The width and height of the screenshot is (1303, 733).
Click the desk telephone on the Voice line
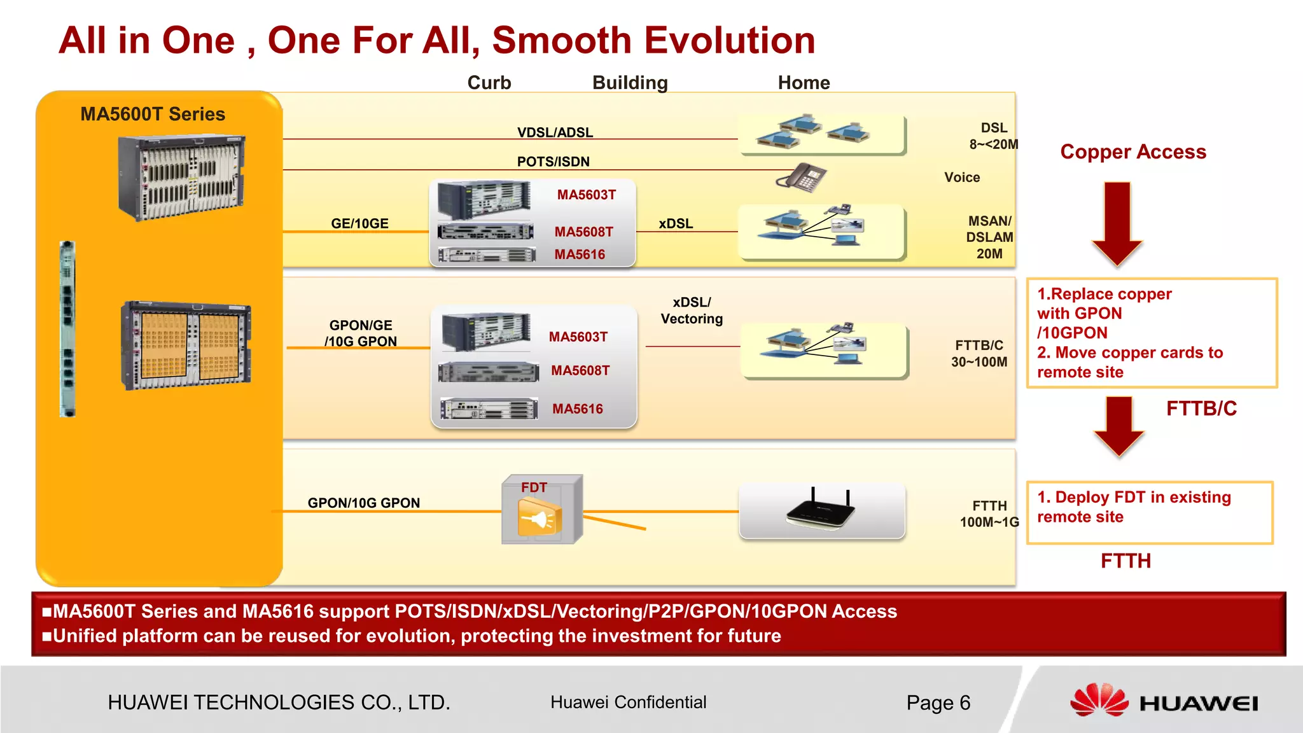click(x=802, y=177)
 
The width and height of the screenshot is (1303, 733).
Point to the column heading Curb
click(x=489, y=83)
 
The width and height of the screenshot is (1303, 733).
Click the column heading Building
click(x=630, y=83)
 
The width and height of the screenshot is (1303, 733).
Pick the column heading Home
click(x=804, y=83)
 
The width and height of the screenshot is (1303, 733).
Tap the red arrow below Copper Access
click(x=1117, y=223)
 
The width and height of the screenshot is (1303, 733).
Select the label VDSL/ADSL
click(x=555, y=132)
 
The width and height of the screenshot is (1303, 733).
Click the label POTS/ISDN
click(x=553, y=162)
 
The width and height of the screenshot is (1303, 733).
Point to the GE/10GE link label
click(x=359, y=223)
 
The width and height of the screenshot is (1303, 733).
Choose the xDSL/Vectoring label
click(x=692, y=311)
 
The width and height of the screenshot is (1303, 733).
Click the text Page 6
click(x=938, y=702)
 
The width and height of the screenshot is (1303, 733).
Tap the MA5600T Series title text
click(x=153, y=114)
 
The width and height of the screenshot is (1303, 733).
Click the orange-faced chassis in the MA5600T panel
click(x=186, y=345)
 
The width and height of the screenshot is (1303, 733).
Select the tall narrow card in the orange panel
click(x=67, y=328)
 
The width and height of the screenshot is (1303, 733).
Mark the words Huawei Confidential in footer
click(x=628, y=702)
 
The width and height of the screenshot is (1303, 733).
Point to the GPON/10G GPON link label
click(x=363, y=503)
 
